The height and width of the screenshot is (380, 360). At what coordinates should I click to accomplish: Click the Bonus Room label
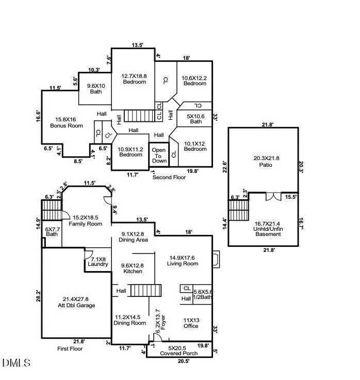pos(66,122)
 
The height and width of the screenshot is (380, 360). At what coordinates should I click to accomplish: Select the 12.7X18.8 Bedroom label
pos(134,78)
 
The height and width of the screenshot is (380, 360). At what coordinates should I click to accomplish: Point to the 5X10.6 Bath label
pos(196,119)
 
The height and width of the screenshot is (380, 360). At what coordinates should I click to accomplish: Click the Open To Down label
pos(159,155)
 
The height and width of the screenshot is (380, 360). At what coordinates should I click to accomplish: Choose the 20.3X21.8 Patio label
pos(264,161)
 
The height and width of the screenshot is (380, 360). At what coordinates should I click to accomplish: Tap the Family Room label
pos(87,220)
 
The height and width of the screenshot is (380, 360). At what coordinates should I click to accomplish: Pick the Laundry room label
pos(98,261)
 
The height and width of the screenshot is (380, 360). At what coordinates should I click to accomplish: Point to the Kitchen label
pos(133,268)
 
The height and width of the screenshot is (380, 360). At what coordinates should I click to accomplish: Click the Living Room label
pos(183,261)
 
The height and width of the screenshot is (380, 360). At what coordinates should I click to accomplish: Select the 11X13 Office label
pos(191,323)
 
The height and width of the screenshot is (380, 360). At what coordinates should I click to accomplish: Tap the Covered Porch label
pos(179,351)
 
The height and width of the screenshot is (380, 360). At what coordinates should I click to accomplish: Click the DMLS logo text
pos(17,363)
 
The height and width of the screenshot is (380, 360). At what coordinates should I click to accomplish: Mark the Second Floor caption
pos(169,177)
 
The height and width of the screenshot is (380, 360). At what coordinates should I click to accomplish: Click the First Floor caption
pos(70,349)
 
